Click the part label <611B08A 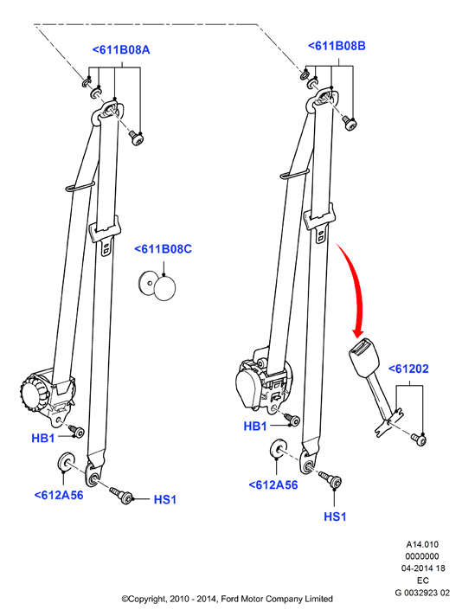(x=121, y=50)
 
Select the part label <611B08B (x=337, y=46)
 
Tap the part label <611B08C (x=163, y=249)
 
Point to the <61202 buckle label (x=408, y=369)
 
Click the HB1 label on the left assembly (x=42, y=438)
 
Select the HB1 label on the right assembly (x=255, y=427)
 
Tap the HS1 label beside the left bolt (x=165, y=500)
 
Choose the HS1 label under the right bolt (x=335, y=517)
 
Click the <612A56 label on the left (x=59, y=495)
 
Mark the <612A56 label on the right (x=273, y=484)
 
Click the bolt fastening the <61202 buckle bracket (x=420, y=439)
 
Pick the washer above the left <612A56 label (x=67, y=460)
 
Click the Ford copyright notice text (x=227, y=599)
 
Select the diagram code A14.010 (x=422, y=544)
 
